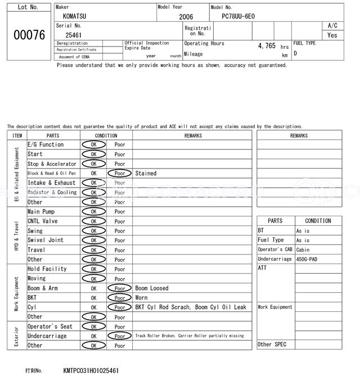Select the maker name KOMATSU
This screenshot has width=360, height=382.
(x=75, y=16)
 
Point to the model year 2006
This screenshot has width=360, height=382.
(x=186, y=17)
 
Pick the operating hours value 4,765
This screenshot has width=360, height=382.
(x=267, y=46)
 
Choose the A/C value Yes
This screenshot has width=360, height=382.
(x=332, y=35)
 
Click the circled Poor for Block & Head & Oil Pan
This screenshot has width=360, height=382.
(x=119, y=174)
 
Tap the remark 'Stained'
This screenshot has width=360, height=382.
(x=146, y=174)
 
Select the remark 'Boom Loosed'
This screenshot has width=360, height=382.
(x=152, y=288)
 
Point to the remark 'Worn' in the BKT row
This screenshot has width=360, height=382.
(x=141, y=298)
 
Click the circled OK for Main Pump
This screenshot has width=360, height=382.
(x=93, y=212)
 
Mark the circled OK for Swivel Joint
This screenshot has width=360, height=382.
(x=93, y=240)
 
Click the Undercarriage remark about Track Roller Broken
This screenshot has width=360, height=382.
(x=190, y=336)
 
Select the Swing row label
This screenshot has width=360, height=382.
(x=35, y=231)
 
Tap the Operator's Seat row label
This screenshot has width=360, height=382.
(x=50, y=326)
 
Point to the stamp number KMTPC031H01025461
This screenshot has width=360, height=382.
(x=91, y=371)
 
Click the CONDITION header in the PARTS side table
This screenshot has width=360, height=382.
(x=318, y=221)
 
